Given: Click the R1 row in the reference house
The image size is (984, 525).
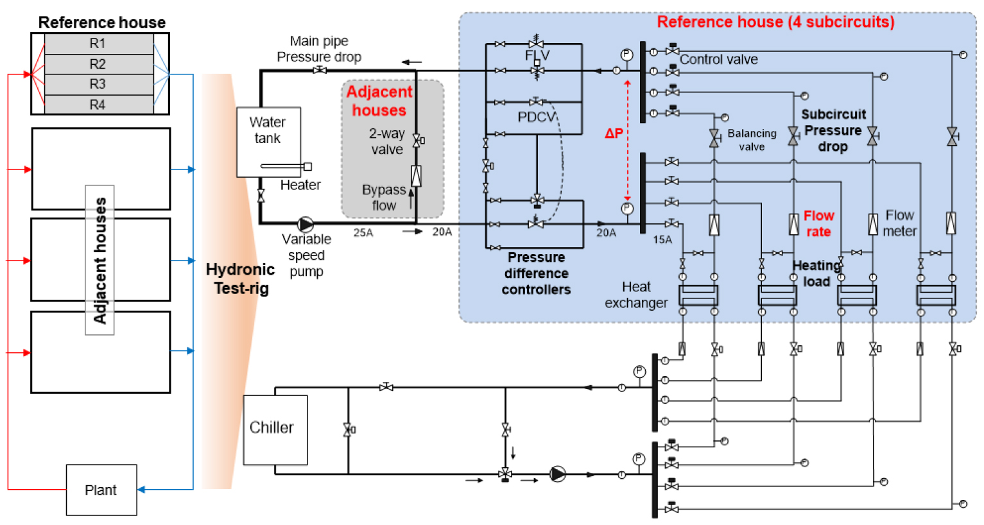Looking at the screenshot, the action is [99, 44].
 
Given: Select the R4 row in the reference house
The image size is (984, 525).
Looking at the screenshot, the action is [99, 105].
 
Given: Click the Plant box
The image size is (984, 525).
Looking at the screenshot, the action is [101, 490].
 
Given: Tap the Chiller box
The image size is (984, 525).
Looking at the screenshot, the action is [275, 429].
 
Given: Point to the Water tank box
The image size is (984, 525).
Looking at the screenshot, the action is [268, 142].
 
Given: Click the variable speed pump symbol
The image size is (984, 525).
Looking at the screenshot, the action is [306, 224].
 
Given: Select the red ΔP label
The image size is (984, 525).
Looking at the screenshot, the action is [614, 133].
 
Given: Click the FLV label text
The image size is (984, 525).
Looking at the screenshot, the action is [537, 55].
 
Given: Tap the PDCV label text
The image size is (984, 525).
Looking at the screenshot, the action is [537, 117].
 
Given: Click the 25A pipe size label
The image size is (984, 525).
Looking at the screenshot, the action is [363, 232].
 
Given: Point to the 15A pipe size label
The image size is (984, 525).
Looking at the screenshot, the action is [662, 239].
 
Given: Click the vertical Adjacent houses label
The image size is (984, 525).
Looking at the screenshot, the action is [99, 260].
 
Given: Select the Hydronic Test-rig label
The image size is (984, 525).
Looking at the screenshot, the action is [240, 279].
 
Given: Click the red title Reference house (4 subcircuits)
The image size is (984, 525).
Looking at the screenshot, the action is [775, 22].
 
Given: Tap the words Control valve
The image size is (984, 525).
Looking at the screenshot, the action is [719, 59].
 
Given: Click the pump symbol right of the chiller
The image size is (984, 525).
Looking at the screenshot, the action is [557, 474].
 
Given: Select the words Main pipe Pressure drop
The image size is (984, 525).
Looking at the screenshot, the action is [319, 49].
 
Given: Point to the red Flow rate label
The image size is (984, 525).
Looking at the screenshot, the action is [819, 223].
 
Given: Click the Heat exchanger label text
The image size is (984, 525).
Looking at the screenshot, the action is [636, 295].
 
